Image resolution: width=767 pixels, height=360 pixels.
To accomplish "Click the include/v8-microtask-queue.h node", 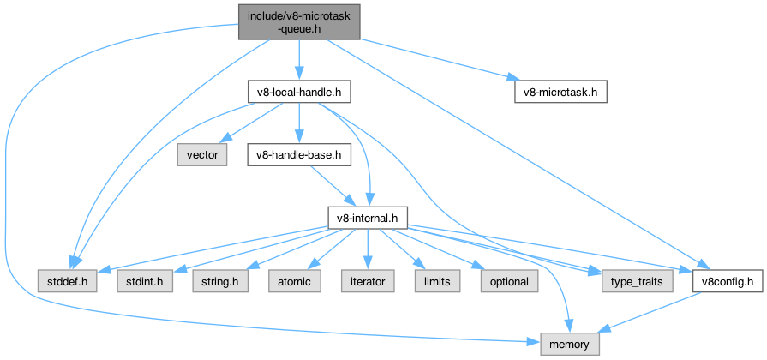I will [298, 20].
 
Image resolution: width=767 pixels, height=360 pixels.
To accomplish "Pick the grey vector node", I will [202, 155].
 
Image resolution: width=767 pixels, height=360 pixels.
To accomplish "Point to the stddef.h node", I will [67, 281].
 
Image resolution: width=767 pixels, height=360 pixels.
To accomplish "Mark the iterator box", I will [367, 281].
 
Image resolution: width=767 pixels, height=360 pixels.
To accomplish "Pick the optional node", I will [509, 281].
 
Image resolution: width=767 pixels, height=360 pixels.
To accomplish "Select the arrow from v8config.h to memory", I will [651, 312].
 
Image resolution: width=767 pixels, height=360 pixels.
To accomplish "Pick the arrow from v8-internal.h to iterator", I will [367, 249].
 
